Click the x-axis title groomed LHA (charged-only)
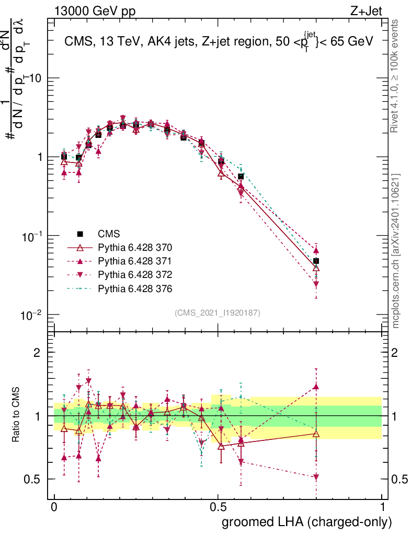point(307,522)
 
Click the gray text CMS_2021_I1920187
point(218,312)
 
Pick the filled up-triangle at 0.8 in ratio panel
point(316,387)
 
